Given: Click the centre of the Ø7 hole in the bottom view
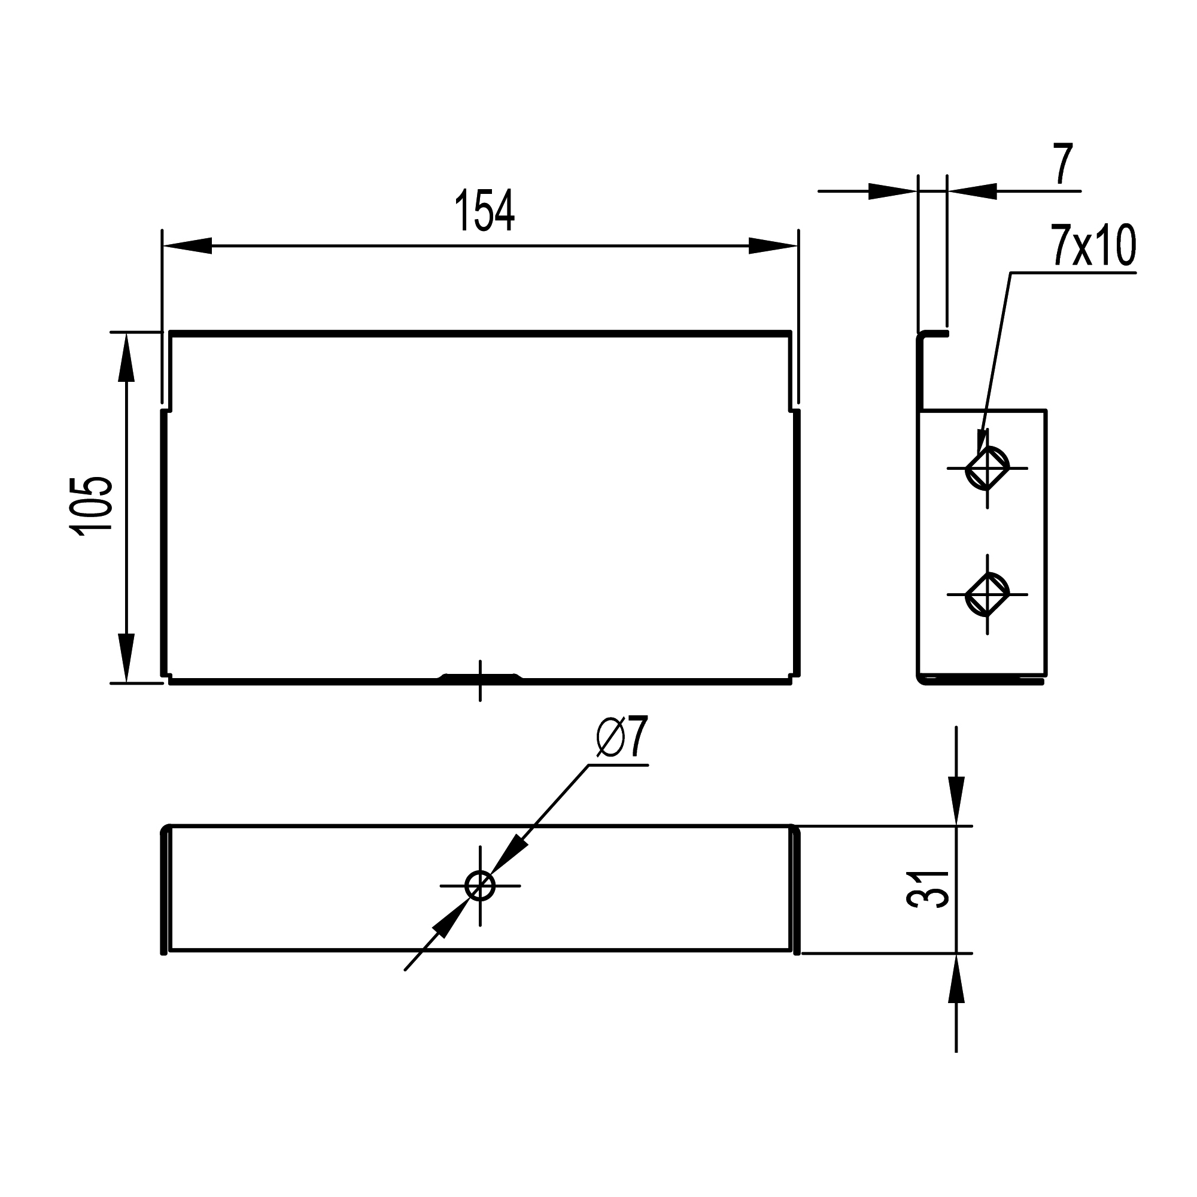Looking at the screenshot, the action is pos(480,886).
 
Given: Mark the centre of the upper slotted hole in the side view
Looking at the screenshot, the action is pos(987,469).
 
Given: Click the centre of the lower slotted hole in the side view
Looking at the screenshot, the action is pos(987,594).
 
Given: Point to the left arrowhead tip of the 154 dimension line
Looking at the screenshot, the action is pos(163,246).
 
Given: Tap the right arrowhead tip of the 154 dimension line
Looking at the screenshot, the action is pos(798,246).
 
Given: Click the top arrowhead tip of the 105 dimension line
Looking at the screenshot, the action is pos(126,333).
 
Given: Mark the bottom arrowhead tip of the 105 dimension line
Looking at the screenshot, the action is pos(126,683).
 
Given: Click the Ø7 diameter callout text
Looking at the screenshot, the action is pos(622,737).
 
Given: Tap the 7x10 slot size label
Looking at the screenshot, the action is pos(1093,246).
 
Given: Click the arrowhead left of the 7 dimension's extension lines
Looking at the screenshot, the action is pos(893,192).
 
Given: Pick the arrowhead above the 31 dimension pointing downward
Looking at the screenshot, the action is pos(957,802).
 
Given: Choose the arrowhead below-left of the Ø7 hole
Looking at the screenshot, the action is pos(450,920).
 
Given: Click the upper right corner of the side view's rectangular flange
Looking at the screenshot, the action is pos(1046,410).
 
